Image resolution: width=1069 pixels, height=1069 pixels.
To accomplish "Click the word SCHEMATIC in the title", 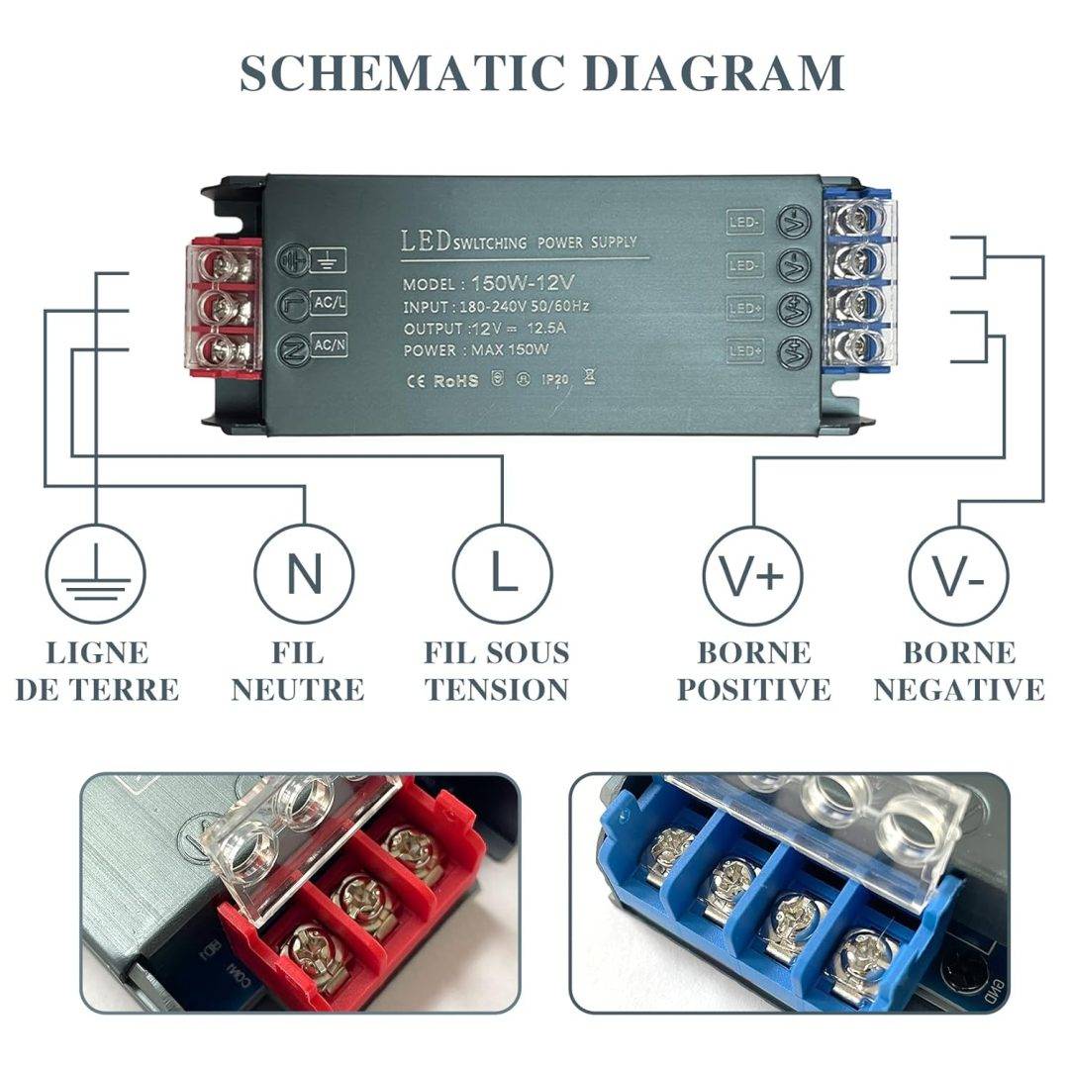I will pyautogui.click(x=404, y=73).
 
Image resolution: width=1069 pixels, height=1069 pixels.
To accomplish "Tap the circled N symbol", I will pyautogui.click(x=304, y=574).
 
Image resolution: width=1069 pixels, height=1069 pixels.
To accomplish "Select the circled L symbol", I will pyautogui.click(x=503, y=574).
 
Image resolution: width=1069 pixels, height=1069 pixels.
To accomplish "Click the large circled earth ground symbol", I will pyautogui.click(x=96, y=574).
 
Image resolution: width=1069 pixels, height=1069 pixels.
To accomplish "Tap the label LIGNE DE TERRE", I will pyautogui.click(x=97, y=671).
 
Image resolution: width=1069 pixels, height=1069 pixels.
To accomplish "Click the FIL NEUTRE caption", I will pyautogui.click(x=298, y=671).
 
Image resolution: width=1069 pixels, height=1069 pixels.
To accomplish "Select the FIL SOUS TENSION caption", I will pyautogui.click(x=497, y=671).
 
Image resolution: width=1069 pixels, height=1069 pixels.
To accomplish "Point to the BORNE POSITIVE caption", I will pyautogui.click(x=754, y=671).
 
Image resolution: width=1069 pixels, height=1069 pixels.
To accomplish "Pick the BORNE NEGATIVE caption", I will pyautogui.click(x=959, y=671).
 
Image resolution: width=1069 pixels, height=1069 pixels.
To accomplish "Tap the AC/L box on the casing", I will pyautogui.click(x=329, y=304).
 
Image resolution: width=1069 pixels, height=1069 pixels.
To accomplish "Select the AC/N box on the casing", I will pyautogui.click(x=329, y=345).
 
